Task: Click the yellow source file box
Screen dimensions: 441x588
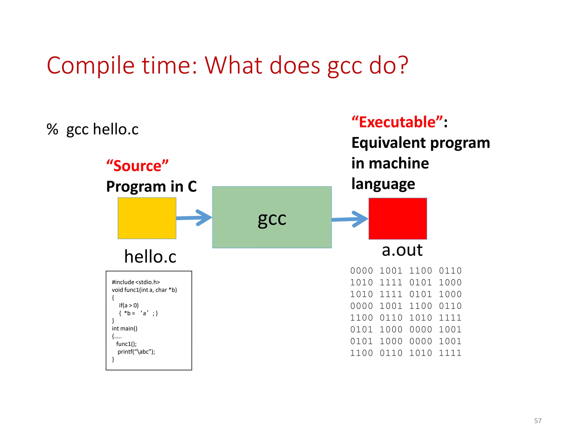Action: click(147, 218)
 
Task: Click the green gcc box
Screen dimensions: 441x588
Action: click(272, 217)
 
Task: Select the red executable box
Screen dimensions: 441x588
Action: click(398, 218)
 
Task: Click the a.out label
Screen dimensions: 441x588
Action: click(402, 250)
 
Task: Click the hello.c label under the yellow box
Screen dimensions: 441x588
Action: click(150, 256)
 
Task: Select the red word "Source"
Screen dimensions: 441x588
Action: click(137, 166)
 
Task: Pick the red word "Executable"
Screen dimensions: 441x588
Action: click(397, 122)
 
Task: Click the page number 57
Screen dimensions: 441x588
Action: click(537, 421)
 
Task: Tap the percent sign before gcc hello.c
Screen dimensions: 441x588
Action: click(52, 129)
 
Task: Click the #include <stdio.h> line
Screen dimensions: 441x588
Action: click(136, 282)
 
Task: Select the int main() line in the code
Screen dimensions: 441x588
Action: click(125, 328)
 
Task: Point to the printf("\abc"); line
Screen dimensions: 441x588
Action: click(136, 352)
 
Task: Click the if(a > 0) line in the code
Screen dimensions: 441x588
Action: click(129, 305)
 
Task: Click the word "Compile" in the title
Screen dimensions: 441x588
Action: click(90, 65)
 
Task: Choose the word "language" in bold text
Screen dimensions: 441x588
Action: click(383, 184)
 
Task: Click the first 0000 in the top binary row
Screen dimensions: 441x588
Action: click(361, 270)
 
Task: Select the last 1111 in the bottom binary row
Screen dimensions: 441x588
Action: click(450, 353)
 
